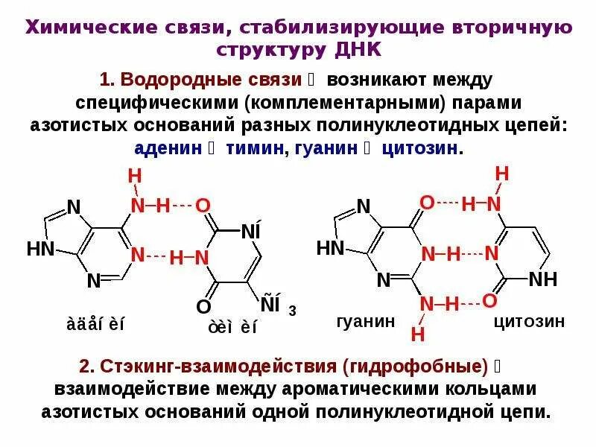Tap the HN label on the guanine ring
click(x=332, y=248)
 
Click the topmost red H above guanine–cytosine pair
click(x=501, y=174)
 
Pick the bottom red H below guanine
click(x=417, y=334)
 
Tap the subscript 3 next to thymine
click(x=293, y=311)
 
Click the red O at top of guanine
click(x=426, y=203)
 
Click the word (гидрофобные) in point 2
click(x=416, y=367)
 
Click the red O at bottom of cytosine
click(x=489, y=300)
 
